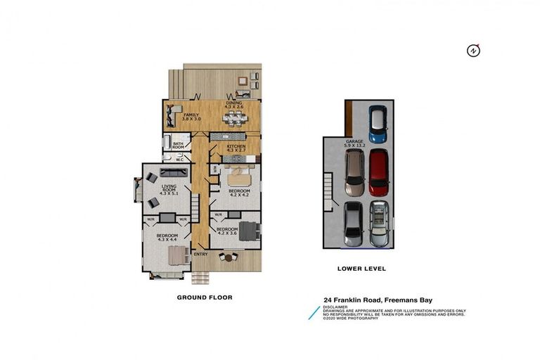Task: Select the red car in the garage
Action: [x=378, y=172]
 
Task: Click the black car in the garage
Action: [x=354, y=224]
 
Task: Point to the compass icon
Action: [x=474, y=51]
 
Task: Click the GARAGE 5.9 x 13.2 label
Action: [x=354, y=143]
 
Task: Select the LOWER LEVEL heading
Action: [x=361, y=269]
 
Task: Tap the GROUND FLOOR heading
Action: [x=204, y=297]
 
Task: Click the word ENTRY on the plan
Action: [x=200, y=254]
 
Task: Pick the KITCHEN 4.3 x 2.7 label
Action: [x=236, y=148]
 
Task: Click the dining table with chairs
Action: [x=234, y=118]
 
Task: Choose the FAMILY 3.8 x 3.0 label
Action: [x=192, y=117]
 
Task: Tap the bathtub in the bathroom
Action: [x=167, y=144]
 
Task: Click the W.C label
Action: [x=179, y=160]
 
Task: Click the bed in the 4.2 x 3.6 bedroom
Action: [x=250, y=231]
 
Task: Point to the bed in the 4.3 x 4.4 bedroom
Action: [x=177, y=255]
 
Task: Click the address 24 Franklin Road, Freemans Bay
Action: [x=378, y=300]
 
